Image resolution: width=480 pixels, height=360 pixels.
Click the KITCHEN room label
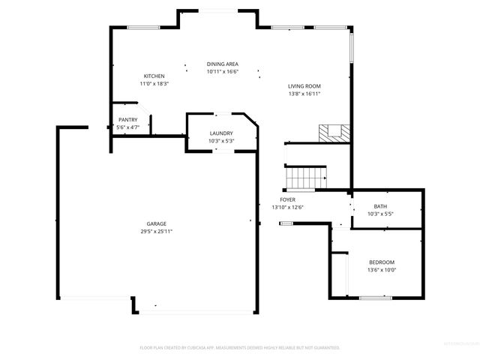click(154, 76)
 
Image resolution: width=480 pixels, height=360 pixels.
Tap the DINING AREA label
click(222, 64)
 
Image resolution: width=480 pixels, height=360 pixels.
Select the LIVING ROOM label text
click(304, 86)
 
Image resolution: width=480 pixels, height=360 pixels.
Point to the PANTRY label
click(127, 120)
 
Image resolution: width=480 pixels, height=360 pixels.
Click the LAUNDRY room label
click(221, 133)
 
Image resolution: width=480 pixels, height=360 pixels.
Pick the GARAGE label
click(156, 223)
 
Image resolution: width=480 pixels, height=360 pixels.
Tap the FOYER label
click(287, 199)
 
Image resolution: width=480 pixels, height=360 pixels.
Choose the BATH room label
click(380, 206)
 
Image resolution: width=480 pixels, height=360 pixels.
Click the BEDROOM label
click(381, 262)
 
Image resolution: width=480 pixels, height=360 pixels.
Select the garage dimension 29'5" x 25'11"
click(156, 232)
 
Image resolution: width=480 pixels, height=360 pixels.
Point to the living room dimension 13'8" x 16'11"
click(304, 94)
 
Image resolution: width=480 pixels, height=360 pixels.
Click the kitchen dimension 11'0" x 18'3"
click(154, 84)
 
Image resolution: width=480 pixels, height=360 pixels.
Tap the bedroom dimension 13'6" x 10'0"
click(381, 270)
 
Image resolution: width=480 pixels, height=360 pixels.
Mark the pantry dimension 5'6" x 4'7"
click(127, 127)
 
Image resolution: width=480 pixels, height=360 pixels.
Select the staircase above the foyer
click(305, 178)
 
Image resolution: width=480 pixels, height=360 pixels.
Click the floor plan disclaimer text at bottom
click(240, 348)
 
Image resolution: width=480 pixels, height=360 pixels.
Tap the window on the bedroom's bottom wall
click(375, 298)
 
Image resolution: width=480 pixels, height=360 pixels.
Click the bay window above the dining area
click(219, 10)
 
